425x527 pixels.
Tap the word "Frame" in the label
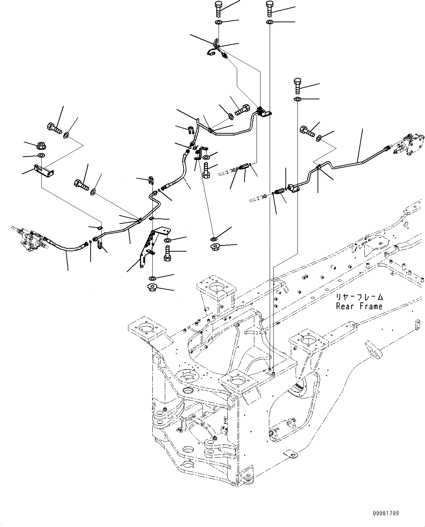(x=370, y=306)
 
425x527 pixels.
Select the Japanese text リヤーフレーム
(x=360, y=297)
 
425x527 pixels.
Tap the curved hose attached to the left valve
(x=66, y=247)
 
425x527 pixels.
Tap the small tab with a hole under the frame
(x=291, y=454)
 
